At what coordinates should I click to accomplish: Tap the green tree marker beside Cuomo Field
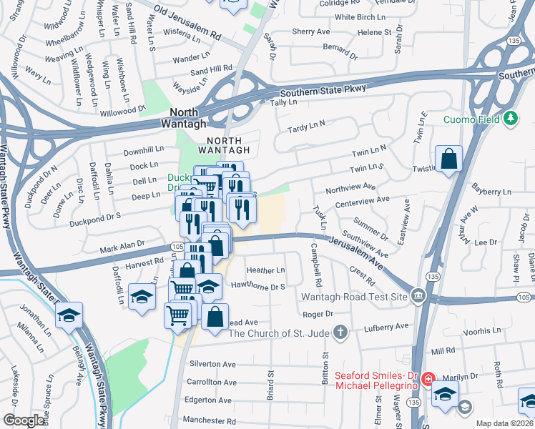click(511, 118)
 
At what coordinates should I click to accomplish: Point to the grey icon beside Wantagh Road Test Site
click(418, 295)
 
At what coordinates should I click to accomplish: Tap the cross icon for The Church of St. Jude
click(341, 332)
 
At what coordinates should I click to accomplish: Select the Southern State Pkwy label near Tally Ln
click(323, 91)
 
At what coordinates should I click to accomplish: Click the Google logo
click(24, 420)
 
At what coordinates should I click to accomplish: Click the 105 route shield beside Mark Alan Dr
click(175, 247)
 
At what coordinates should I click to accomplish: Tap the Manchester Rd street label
click(209, 420)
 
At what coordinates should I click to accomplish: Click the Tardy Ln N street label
click(306, 128)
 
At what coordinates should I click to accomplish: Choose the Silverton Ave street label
click(212, 364)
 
